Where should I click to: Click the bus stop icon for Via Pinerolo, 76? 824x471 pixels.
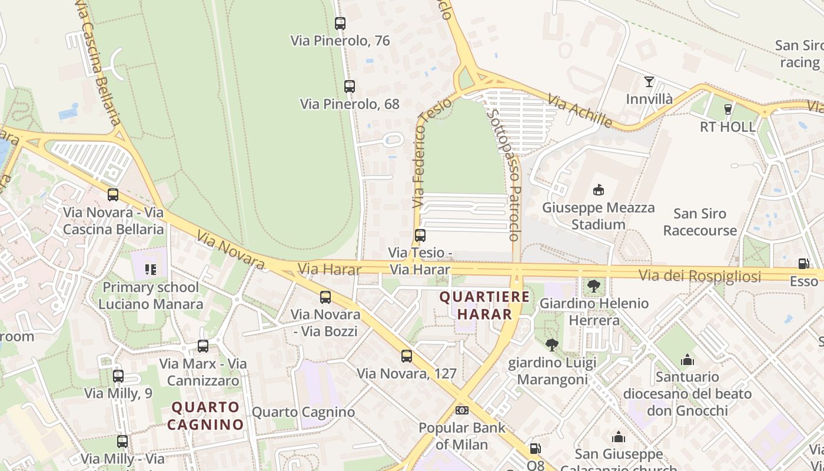pos(340,24)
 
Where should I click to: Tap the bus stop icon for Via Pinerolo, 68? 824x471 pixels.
pos(350,87)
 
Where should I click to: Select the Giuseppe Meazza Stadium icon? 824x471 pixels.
pos(598,190)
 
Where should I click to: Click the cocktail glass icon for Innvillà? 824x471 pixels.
pos(649,82)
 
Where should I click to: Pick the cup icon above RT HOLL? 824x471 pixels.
pos(728,109)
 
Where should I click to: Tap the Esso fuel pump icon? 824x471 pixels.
pos(803,264)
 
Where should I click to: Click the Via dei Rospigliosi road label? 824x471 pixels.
pos(700,276)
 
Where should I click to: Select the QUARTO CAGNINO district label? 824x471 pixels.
pos(205,416)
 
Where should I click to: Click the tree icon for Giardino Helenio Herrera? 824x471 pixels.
pos(594,286)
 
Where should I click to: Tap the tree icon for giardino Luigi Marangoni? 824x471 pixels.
pos(551,345)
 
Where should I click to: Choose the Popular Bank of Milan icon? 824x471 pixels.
pos(462,410)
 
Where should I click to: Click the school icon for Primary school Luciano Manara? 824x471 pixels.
pos(150,270)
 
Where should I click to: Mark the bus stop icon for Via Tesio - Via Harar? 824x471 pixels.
pos(420,235)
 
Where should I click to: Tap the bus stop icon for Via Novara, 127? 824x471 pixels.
pos(407,356)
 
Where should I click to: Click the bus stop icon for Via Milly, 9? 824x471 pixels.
pos(118,376)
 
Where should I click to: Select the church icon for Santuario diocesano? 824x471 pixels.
pos(687,359)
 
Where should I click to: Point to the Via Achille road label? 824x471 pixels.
pos(580,110)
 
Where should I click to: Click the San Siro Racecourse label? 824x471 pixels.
pos(700,222)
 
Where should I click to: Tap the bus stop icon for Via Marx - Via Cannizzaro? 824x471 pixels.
pos(203,346)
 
